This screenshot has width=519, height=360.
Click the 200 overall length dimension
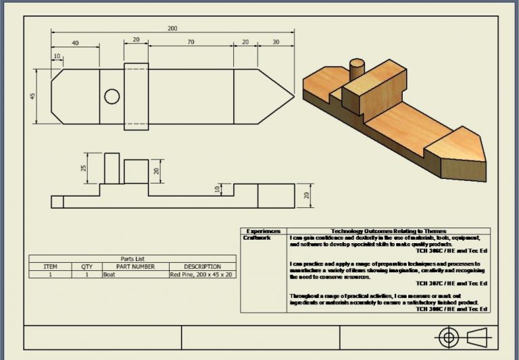pos(173,28)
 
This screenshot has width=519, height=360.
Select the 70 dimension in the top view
pos(191,42)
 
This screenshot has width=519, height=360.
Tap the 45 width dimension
pos(32,96)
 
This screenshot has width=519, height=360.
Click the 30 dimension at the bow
pos(275,42)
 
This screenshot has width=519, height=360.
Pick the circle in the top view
pos(112,96)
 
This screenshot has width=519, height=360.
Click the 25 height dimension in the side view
pos(84,168)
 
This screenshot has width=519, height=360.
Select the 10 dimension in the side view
pos(218,189)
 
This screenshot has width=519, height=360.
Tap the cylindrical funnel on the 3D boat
pos(355,68)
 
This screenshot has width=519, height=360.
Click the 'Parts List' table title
pos(132,259)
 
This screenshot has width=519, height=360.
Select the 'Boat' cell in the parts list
pos(109,275)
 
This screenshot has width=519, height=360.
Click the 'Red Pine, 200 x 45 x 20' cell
pos(201,275)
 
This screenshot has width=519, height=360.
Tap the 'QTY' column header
pos(86,267)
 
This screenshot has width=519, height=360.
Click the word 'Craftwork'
pos(257,238)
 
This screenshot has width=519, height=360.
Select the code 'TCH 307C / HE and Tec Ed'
pos(451,283)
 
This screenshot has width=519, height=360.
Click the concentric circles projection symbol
pos(448,337)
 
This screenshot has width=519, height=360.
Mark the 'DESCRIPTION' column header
pos(202,267)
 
